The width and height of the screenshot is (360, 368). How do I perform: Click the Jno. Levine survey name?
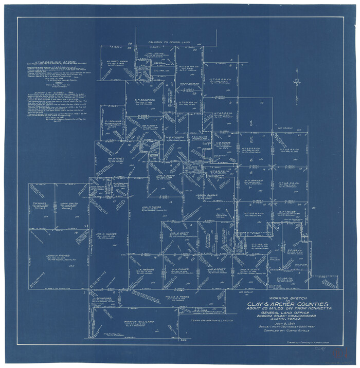click(154, 53)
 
